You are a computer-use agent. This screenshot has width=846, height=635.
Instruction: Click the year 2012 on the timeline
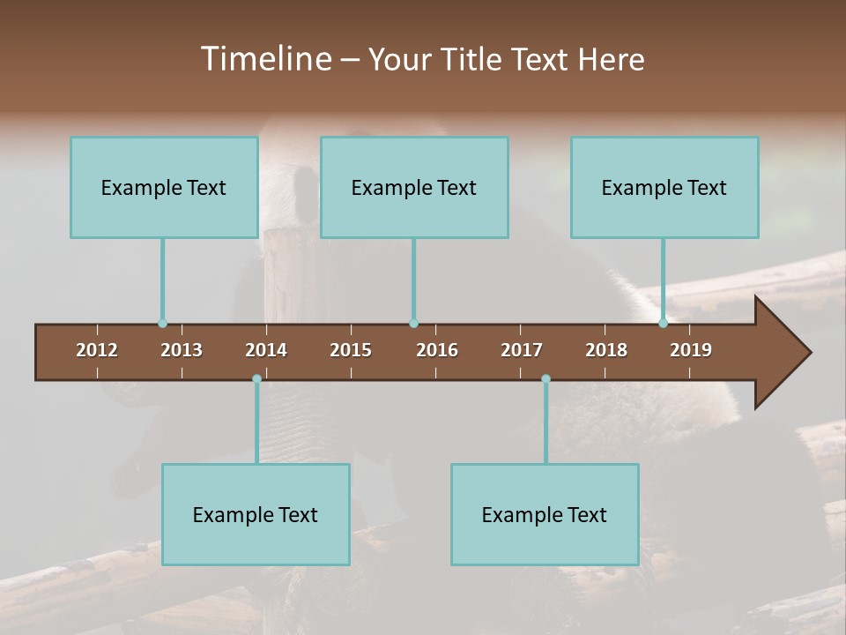[x=97, y=350]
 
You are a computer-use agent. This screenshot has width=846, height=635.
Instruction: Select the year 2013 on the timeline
[x=182, y=350]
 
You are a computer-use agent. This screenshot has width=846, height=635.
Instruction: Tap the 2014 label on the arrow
[x=266, y=350]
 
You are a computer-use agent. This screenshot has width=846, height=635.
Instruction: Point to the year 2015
[x=351, y=350]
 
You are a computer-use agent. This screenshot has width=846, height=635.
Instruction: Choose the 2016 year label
[x=437, y=350]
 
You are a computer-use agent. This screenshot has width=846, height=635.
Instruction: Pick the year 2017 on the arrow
[x=522, y=350]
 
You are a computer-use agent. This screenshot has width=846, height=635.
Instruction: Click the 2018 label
[x=606, y=350]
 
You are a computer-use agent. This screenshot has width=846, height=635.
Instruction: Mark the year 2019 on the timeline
[x=691, y=350]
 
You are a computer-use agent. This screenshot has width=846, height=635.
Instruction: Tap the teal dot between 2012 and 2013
[x=162, y=324]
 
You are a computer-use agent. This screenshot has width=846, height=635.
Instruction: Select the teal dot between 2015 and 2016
[x=413, y=324]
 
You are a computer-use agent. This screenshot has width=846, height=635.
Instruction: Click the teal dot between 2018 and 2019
[x=663, y=324]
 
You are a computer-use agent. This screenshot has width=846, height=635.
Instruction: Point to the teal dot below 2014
[x=256, y=379]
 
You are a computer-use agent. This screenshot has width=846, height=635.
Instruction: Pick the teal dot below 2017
[x=545, y=379]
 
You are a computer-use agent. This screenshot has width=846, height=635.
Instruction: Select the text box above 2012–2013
[x=164, y=187]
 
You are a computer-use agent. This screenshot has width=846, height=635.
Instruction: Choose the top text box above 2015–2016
[x=414, y=187]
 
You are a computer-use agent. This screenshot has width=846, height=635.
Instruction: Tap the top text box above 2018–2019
[x=664, y=187]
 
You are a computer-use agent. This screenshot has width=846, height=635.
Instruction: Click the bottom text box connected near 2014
[x=256, y=514]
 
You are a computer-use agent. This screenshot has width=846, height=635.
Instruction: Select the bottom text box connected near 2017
[x=545, y=514]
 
